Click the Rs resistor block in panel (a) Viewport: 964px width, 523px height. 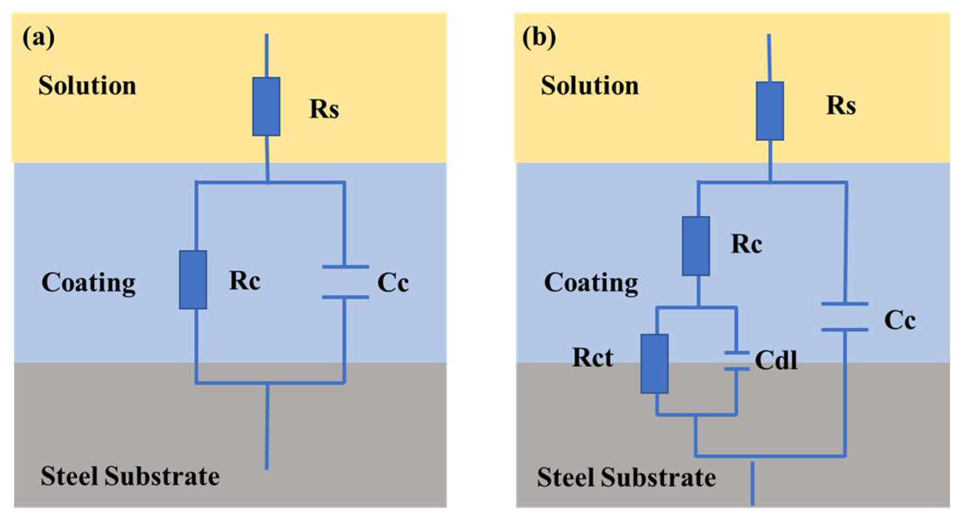click(266, 106)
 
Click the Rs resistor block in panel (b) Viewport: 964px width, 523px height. click(770, 111)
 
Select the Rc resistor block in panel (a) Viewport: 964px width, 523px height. click(193, 280)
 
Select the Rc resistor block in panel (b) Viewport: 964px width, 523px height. click(696, 246)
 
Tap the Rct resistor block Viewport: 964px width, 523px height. click(654, 363)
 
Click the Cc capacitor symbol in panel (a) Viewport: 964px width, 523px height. click(345, 282)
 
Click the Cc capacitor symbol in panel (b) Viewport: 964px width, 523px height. click(845, 317)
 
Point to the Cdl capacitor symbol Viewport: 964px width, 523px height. click(736, 361)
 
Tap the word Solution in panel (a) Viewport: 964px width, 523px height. click(87, 85)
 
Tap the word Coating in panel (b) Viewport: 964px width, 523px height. click(591, 283)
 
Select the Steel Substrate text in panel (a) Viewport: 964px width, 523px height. click(130, 476)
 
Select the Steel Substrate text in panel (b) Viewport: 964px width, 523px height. click(626, 477)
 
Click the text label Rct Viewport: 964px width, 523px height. click(593, 357)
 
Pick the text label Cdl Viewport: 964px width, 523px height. click(776, 360)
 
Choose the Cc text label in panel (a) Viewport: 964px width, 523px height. click(393, 283)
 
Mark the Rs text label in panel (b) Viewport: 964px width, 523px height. click(841, 106)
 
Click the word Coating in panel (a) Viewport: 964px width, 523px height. click(88, 283)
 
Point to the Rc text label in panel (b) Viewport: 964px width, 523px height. click(747, 245)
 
